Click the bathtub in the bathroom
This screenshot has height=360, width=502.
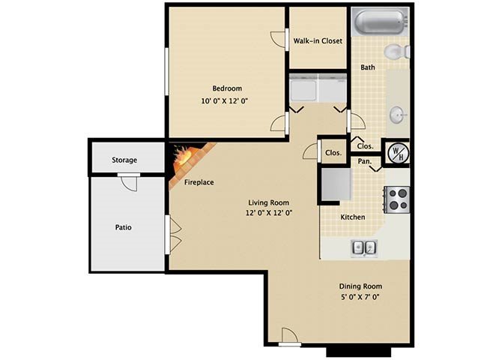coord(380,22)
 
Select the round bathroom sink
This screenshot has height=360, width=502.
coord(398,115)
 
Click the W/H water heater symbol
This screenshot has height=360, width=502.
coord(396,152)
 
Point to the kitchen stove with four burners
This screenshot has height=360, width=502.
coord(396,199)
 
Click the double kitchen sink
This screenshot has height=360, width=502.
coord(364,248)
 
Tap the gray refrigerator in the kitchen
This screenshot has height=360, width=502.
coord(336,184)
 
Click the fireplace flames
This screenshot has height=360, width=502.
coord(182,156)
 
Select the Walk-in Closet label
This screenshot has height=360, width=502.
coord(318,41)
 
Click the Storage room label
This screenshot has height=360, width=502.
coord(124,160)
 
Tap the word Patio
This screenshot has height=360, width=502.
coord(124,227)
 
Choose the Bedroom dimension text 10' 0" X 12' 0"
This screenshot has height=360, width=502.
coord(225,101)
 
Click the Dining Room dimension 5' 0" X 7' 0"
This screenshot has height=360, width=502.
coord(360,297)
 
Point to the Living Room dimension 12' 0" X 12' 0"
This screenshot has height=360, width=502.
coord(269,212)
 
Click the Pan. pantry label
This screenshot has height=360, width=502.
coord(364,161)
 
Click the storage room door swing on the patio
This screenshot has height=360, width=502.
coord(130,184)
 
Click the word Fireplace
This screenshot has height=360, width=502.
coord(199,182)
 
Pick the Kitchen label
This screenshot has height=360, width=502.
coord(352,217)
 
